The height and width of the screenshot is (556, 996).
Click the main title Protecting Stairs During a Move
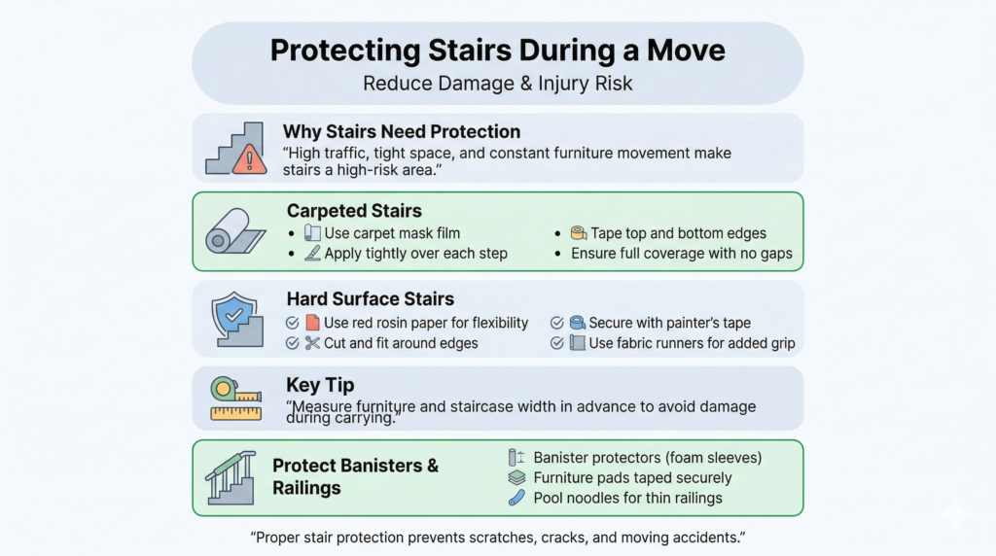coord(497,50)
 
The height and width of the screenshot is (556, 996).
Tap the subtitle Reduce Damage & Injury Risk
coord(497,84)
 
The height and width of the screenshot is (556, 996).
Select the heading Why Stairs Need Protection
coord(401,131)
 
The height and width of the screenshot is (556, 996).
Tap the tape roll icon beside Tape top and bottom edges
coord(578,233)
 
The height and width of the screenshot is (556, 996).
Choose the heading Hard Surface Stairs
coord(370,298)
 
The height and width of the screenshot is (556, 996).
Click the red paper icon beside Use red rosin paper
coord(312,323)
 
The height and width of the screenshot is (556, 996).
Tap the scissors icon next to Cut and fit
coord(312,343)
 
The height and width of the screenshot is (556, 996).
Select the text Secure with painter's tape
coord(669,323)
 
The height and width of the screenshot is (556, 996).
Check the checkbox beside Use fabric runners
coord(557,343)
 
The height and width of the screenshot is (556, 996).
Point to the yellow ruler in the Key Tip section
coord(235,413)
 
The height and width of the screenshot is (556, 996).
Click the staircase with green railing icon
coord(231,477)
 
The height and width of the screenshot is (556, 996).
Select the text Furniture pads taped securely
coord(632,477)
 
